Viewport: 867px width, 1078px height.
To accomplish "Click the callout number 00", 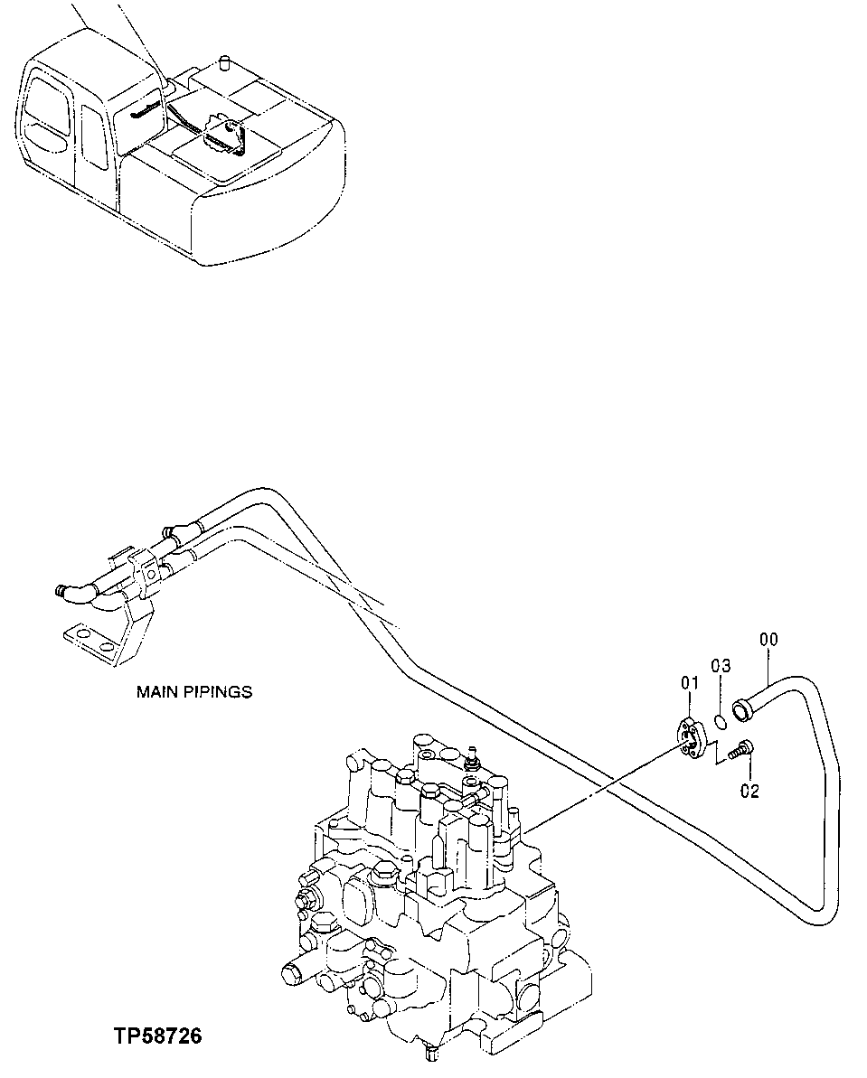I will pos(768,640).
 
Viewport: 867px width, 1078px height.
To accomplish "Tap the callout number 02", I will pos(749,792).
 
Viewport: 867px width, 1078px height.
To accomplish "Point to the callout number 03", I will pos(720,666).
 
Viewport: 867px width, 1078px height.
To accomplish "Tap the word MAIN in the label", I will pos(156,692).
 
